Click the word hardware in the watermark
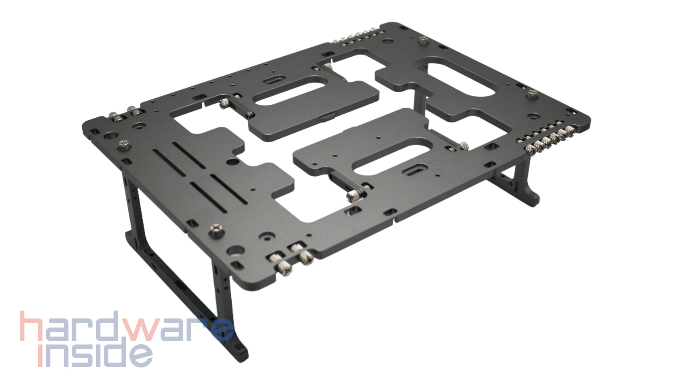(127, 326)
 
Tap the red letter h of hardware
(32, 326)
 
